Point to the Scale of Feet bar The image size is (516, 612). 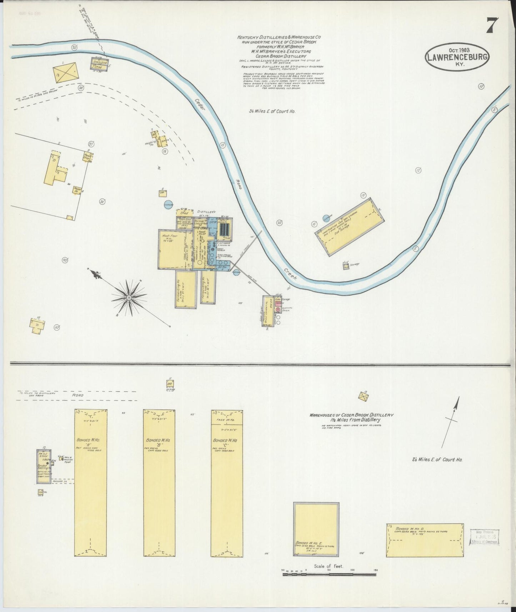329,575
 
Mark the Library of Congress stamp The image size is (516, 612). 485,537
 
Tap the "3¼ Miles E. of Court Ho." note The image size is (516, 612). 272,111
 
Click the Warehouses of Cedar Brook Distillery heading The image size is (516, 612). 351,415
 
